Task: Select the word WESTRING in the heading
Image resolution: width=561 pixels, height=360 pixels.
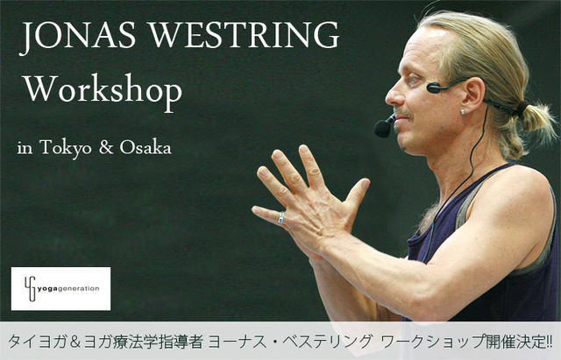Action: pos(244,35)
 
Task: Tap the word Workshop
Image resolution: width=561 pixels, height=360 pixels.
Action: pos(103,91)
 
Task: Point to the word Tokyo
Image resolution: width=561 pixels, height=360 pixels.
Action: pos(66,147)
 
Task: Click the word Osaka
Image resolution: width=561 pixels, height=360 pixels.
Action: pos(146,147)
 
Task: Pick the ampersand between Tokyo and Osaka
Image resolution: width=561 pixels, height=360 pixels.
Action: pos(106,147)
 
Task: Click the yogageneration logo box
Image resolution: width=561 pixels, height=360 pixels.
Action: pos(60,288)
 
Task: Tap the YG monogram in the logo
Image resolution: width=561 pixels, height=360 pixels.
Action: pos(32,288)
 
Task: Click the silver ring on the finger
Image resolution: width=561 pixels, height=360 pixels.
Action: pos(281,217)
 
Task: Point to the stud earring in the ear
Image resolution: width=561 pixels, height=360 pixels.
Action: pos(464,112)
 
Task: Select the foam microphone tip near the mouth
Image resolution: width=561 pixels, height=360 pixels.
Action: pos(383,129)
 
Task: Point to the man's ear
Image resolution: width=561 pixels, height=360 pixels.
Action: pos(472,95)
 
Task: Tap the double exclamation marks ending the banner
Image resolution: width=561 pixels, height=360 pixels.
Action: pos(549,342)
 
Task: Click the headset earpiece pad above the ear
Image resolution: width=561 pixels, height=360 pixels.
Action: pos(435,88)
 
